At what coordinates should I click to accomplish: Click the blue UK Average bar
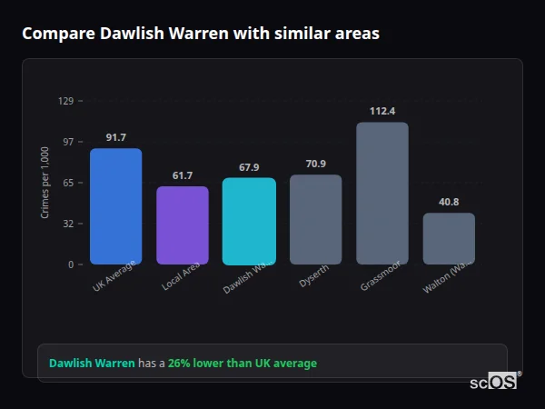(x=115, y=206)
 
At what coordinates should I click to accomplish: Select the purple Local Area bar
(x=183, y=225)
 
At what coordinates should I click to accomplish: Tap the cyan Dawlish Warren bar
(x=249, y=221)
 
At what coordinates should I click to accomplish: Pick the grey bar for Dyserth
(x=315, y=219)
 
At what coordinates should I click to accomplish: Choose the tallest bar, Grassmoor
(x=382, y=193)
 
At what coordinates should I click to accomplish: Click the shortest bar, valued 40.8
(x=449, y=238)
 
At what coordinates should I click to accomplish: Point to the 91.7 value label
(x=115, y=137)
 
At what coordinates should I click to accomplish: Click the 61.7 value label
(x=183, y=175)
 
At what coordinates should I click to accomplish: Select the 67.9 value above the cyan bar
(x=249, y=167)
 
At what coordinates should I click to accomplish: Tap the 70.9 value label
(x=315, y=164)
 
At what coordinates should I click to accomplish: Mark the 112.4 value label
(x=382, y=111)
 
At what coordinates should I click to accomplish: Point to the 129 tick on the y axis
(x=65, y=101)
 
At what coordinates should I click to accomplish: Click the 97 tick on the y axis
(x=67, y=142)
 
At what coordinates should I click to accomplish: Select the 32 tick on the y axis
(x=67, y=224)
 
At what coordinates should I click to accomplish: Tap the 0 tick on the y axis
(x=70, y=264)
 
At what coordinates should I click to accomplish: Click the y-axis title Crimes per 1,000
(x=45, y=183)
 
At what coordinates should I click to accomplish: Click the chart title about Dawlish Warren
(x=201, y=34)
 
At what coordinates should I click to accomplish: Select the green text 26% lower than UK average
(x=243, y=364)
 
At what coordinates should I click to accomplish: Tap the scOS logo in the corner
(x=494, y=382)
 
